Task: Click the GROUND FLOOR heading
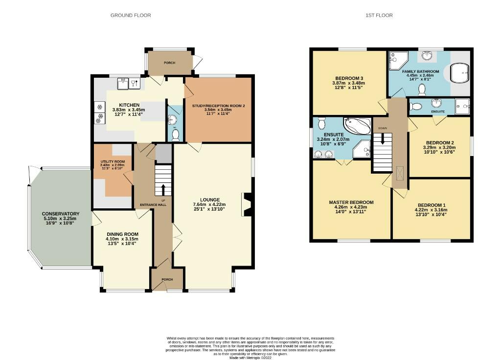(130, 15)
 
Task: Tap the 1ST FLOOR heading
(379, 15)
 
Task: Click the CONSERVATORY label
(61, 214)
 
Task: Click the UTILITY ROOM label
(113, 161)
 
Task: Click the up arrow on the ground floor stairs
(163, 188)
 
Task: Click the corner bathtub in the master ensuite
(357, 126)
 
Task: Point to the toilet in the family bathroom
(422, 89)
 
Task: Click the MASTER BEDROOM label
(351, 202)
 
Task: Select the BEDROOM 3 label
(349, 78)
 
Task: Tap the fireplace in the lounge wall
(247, 204)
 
